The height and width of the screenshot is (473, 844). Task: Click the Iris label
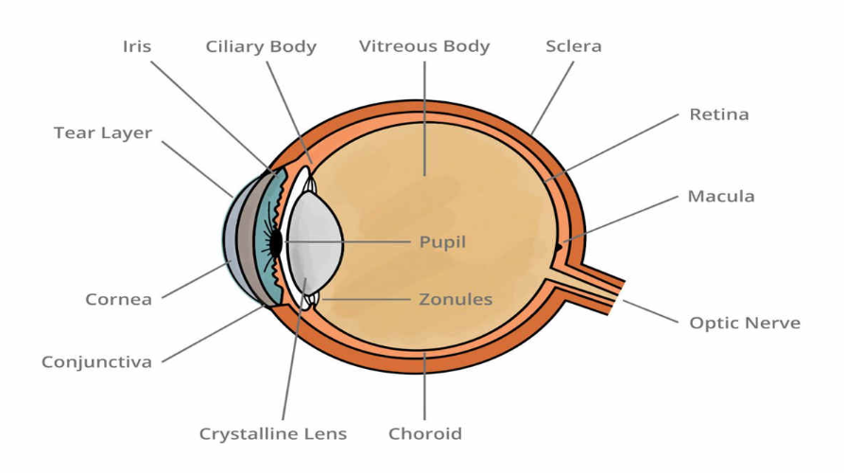point(137,46)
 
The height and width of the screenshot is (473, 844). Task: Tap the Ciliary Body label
point(261,46)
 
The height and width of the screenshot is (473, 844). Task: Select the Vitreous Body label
point(424,46)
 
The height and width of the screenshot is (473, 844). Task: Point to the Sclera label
point(574,46)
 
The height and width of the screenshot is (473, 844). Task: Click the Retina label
point(718,114)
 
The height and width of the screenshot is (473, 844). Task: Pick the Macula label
point(720,197)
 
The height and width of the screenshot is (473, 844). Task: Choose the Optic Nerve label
point(745,323)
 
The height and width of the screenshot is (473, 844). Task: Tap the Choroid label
point(425,434)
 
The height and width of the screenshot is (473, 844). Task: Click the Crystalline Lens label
point(272,434)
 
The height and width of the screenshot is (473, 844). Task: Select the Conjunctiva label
point(96,362)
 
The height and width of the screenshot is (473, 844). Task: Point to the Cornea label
point(118,300)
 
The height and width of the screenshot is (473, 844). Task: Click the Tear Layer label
point(102,133)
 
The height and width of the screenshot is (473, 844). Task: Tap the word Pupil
point(442,242)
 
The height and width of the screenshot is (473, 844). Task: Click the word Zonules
point(456,300)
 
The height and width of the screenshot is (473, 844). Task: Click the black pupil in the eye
point(275,243)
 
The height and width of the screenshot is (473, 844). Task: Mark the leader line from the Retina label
point(614,145)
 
